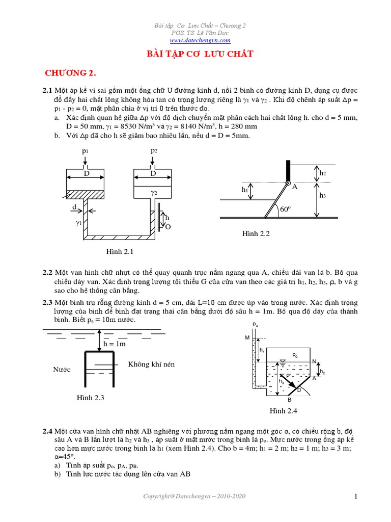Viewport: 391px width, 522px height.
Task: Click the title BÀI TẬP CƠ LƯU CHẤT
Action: [200, 54]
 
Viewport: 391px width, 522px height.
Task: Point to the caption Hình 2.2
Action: [256, 234]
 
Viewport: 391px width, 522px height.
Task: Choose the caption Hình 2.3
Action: [90, 398]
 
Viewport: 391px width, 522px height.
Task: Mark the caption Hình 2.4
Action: [284, 411]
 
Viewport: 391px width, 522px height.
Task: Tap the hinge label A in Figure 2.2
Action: [294, 187]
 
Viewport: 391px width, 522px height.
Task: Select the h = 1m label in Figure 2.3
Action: [115, 344]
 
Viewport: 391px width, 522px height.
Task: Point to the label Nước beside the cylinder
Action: [62, 369]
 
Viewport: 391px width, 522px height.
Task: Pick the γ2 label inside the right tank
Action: [153, 194]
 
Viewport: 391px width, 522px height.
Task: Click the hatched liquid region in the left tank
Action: [86, 194]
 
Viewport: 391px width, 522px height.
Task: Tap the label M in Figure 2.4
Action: [247, 338]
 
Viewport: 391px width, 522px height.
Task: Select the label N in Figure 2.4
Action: [315, 361]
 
